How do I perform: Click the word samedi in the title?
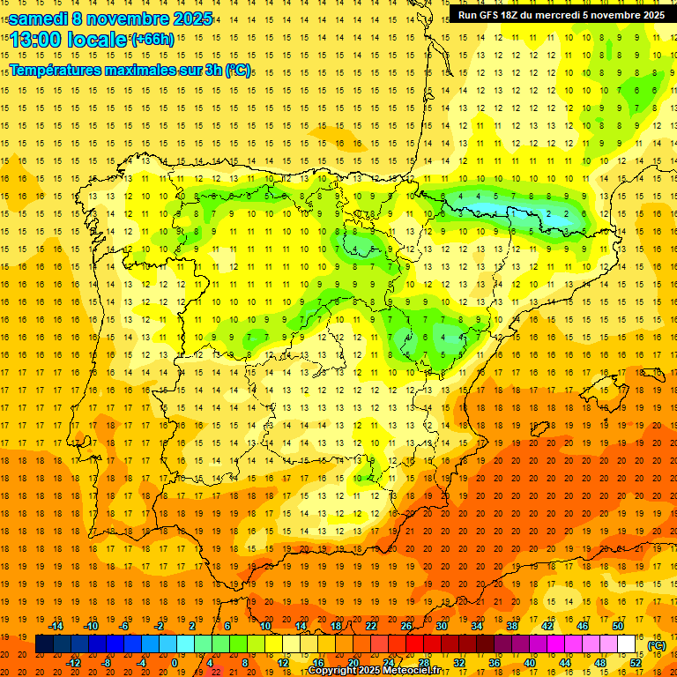point(38,19)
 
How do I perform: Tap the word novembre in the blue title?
point(124,19)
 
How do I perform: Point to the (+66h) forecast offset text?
point(153,40)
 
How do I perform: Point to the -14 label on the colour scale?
point(56,626)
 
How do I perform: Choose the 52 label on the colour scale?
point(636,662)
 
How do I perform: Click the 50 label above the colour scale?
point(617,626)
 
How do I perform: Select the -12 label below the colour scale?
point(74,662)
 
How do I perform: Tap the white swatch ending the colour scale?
point(627,644)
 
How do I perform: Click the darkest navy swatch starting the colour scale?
point(44,644)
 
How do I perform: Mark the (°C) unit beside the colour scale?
point(656,645)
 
